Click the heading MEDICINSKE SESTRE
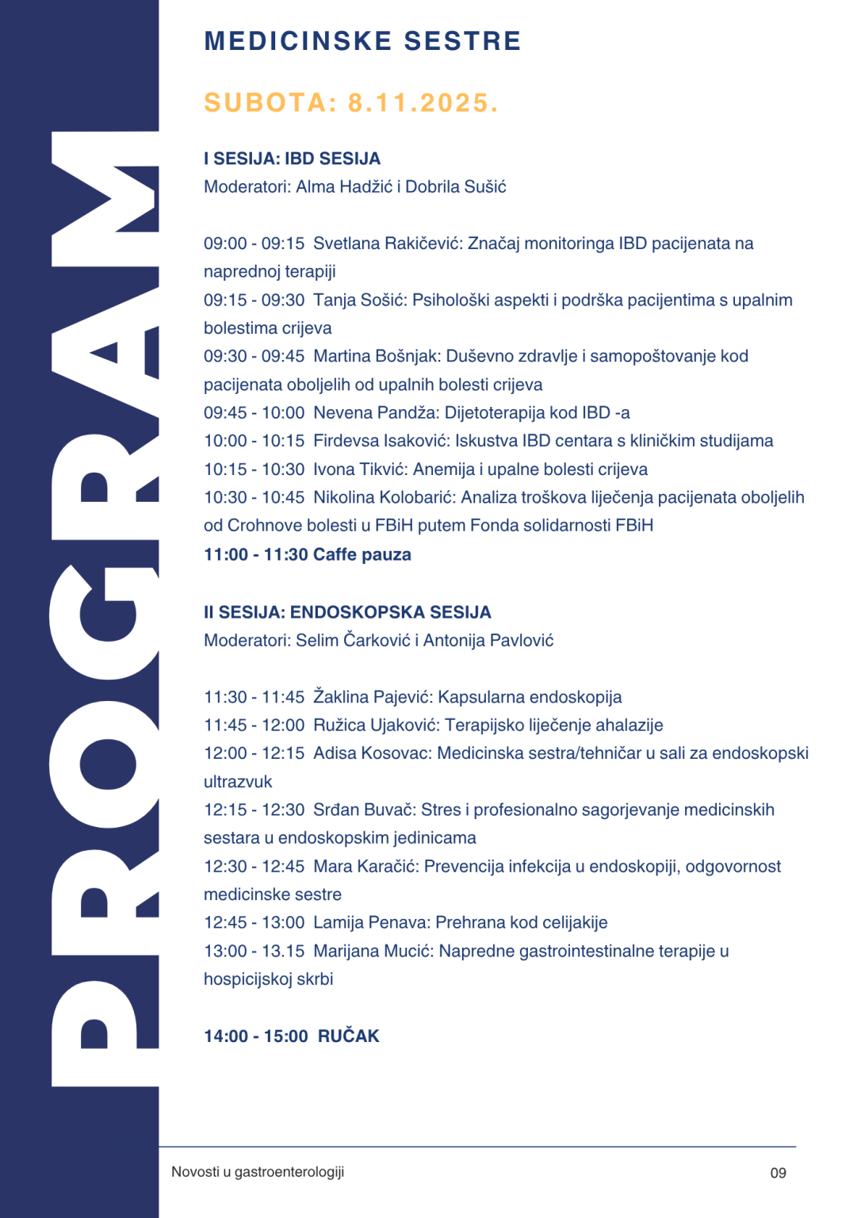pos(362,41)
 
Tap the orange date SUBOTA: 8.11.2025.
pos(351,103)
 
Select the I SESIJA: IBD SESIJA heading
pos(292,159)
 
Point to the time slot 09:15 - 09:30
pos(254,300)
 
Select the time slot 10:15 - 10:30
pos(254,469)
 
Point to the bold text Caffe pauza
pos(362,554)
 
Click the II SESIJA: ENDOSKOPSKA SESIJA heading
pos(347,612)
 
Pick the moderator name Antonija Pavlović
pos(488,640)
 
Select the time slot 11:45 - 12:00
pos(254,725)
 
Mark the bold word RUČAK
pos(349,1036)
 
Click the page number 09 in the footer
pos(778,1173)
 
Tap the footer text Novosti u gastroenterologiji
pos(258,1172)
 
